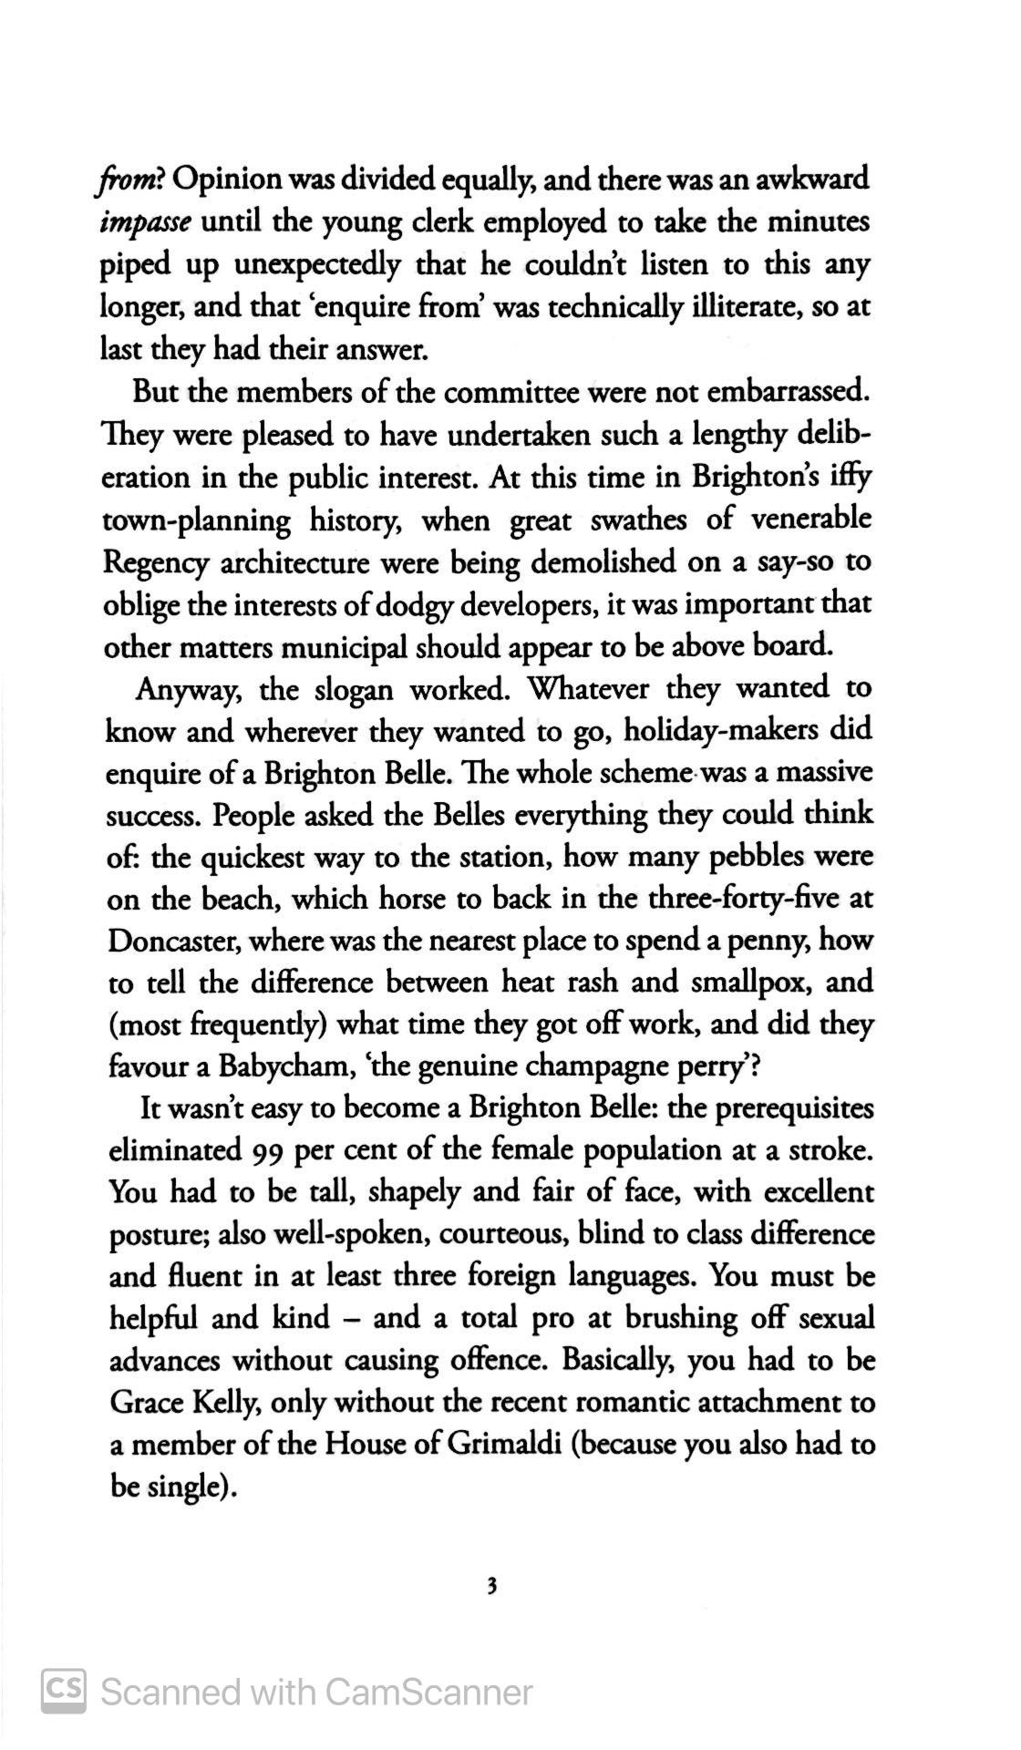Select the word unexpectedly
pyautogui.click(x=317, y=264)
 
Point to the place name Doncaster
pyautogui.click(x=172, y=941)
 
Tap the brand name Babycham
pyautogui.click(x=276, y=1066)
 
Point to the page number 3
pyautogui.click(x=492, y=1587)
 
